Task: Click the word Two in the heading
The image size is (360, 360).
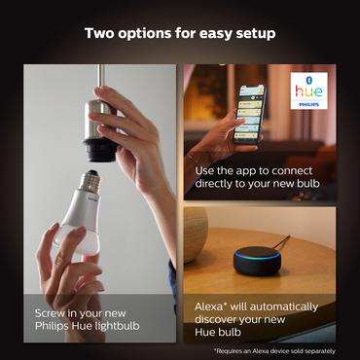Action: (x=100, y=33)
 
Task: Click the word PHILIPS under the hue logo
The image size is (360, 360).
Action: (x=310, y=104)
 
